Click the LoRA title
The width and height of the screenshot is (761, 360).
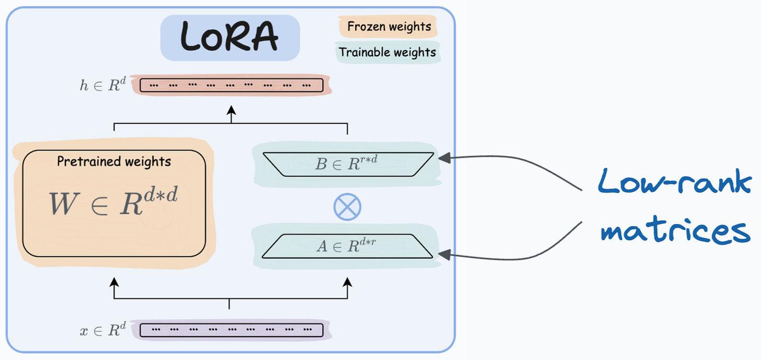point(230,37)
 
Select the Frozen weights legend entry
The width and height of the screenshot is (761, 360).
point(389,27)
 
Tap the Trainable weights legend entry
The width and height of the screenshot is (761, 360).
point(387,52)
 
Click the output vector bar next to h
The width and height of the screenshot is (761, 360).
point(232,85)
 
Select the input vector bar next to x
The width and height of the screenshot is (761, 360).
point(232,330)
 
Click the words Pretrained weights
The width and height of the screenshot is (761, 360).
point(114,161)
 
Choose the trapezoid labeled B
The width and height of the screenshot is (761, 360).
point(348,164)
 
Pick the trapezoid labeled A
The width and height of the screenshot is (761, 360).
point(348,246)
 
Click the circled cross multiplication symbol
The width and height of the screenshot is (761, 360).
point(348,206)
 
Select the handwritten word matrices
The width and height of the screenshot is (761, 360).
point(675,230)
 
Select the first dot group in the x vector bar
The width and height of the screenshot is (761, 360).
point(155,330)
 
